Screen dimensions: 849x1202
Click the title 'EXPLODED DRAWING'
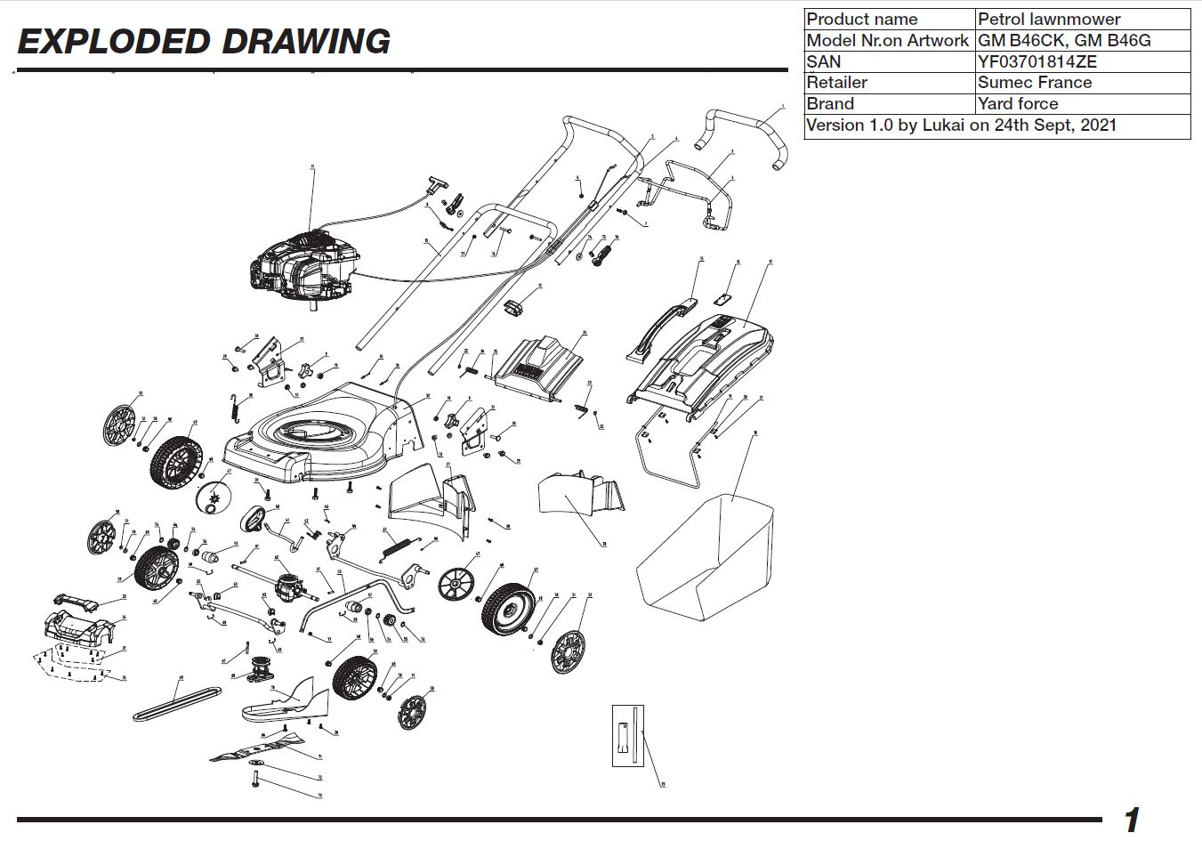[x=204, y=42]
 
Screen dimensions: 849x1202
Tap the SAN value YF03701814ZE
[x=1037, y=61]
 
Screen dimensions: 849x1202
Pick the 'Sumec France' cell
[x=1034, y=83]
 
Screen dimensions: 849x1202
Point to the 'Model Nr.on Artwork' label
[x=887, y=40]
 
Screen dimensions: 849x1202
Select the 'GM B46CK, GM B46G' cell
[x=1063, y=40]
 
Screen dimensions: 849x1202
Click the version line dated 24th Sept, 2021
[x=961, y=125]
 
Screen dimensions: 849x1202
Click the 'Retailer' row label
[x=836, y=83]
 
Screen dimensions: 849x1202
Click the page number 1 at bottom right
[x=1131, y=821]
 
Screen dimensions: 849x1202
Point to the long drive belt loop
[x=177, y=702]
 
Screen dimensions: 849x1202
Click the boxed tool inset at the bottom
[x=627, y=735]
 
